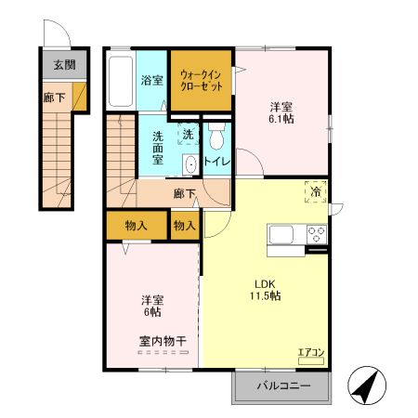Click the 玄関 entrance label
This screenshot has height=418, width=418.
[x=64, y=65]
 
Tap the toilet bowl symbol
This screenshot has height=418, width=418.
[x=216, y=137]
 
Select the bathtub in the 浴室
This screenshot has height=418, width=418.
[x=121, y=82]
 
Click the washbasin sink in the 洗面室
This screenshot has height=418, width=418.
[x=190, y=164]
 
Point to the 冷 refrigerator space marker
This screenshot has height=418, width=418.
[x=316, y=192]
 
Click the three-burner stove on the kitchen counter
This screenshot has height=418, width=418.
[x=317, y=234]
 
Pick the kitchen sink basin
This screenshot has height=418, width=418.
[x=281, y=234]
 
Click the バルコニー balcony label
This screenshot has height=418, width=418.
[x=283, y=385]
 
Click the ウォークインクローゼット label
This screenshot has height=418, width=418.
[x=202, y=81]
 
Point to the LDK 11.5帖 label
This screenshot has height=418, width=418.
[x=266, y=290]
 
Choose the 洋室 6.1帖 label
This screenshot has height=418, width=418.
[x=281, y=112]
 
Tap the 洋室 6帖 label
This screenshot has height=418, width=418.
[x=152, y=306]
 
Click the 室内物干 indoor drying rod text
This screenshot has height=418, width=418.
[x=163, y=342]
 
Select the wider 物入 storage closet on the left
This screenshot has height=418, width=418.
[x=137, y=226]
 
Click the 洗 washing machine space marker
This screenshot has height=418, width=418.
[x=188, y=134]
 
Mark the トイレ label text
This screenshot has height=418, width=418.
[x=216, y=162]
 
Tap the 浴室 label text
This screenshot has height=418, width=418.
[x=151, y=80]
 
